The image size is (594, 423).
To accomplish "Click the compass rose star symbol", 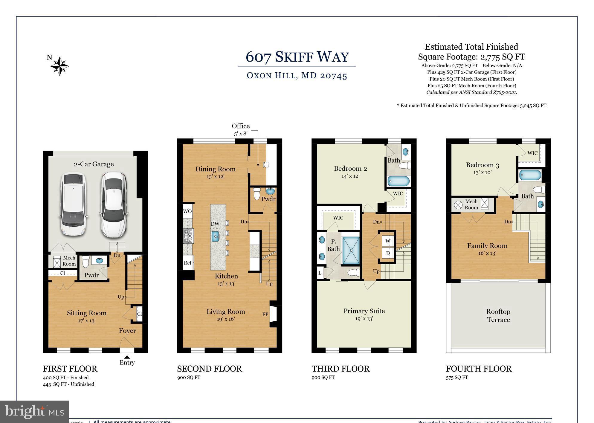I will pyautogui.click(x=60, y=66).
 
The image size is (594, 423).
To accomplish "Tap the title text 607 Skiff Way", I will pyautogui.click(x=297, y=57).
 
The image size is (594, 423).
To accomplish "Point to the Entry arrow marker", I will pyautogui.click(x=127, y=357).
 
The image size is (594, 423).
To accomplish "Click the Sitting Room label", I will pyautogui.click(x=87, y=313).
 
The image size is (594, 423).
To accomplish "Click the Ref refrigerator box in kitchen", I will pyautogui.click(x=188, y=263).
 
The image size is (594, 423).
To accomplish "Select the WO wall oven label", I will pyautogui.click(x=187, y=211).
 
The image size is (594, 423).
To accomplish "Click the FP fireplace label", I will pyautogui.click(x=265, y=314).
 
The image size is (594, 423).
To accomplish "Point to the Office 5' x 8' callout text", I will pyautogui.click(x=241, y=129).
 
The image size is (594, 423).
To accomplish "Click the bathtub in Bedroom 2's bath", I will pyautogui.click(x=398, y=181).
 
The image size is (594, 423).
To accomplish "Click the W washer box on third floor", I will pyautogui.click(x=388, y=241).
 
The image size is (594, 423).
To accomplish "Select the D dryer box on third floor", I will pyautogui.click(x=388, y=253).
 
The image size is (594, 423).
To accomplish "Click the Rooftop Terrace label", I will pyautogui.click(x=498, y=315).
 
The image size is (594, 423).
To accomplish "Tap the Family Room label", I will pyautogui.click(x=487, y=246).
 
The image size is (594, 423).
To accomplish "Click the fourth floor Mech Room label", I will pyautogui.click(x=471, y=204).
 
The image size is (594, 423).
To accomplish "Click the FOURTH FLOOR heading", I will pyautogui.click(x=479, y=369).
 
